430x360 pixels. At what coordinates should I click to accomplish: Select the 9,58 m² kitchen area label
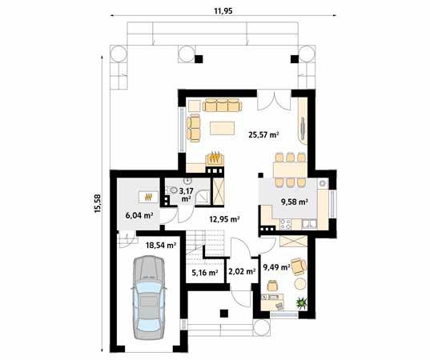(293, 202)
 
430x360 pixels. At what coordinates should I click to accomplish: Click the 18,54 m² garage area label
(160, 236)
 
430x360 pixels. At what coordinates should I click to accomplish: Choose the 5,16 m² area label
(204, 273)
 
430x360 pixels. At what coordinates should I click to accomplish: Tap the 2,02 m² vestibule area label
(241, 273)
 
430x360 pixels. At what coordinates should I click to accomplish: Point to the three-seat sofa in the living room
(222, 105)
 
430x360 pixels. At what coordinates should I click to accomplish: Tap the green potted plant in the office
(302, 302)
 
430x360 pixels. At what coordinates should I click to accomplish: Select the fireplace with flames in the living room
(215, 160)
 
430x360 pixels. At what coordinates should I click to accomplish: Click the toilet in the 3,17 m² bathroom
(172, 190)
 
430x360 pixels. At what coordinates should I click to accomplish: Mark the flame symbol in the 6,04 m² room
(147, 196)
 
